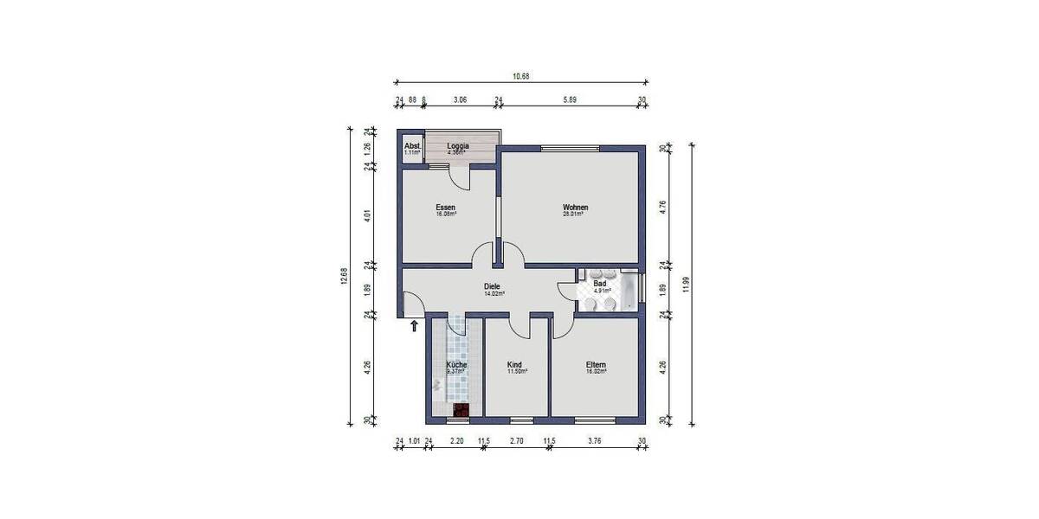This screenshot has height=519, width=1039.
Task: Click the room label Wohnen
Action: pos(576,208)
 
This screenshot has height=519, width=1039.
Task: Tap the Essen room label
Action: pos(446,208)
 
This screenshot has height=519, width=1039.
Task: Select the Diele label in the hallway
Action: pos(494,287)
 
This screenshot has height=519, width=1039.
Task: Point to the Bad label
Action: pos(599,284)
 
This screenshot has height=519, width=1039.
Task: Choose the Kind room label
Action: pos(515,365)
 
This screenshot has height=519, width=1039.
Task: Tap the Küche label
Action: pos(456,365)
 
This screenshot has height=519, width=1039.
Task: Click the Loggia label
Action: pos(458,146)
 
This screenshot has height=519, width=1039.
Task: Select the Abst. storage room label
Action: pos(412,146)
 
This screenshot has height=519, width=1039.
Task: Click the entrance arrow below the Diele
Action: pos(415,326)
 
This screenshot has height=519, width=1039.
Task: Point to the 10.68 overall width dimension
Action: pos(520,77)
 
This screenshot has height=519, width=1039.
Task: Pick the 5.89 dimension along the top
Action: pos(570,100)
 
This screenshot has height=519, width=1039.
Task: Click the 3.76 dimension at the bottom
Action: pos(594,442)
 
